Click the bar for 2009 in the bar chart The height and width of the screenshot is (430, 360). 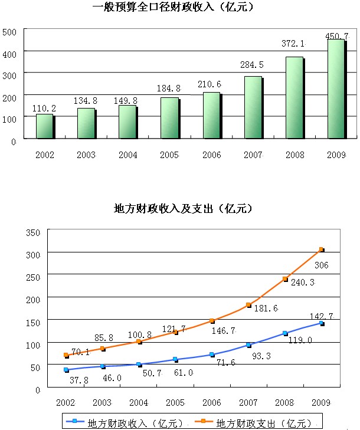(336, 89)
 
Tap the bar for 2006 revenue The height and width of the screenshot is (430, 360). (212, 116)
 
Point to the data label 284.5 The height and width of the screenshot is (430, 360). (251, 65)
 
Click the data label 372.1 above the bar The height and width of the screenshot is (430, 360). (293, 44)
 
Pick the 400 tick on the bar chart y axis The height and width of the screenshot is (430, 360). (9, 54)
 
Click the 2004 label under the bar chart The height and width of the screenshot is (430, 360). (128, 155)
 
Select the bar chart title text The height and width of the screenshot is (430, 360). (173, 7)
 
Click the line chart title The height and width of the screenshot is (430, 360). (183, 209)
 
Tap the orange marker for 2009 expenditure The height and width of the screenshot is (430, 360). (321, 250)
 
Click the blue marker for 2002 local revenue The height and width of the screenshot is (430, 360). (66, 370)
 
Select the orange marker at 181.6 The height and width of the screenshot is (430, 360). (248, 305)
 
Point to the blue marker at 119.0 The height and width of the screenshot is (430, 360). (285, 333)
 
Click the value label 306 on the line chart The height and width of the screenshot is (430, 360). (321, 265)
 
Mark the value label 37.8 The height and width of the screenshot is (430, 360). (79, 380)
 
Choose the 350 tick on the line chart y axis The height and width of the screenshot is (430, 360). (33, 233)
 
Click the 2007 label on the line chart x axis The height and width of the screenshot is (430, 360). (248, 403)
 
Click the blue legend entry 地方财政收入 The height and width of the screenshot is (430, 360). (125, 423)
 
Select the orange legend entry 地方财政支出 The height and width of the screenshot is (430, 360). (253, 423)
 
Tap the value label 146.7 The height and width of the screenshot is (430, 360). (223, 331)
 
